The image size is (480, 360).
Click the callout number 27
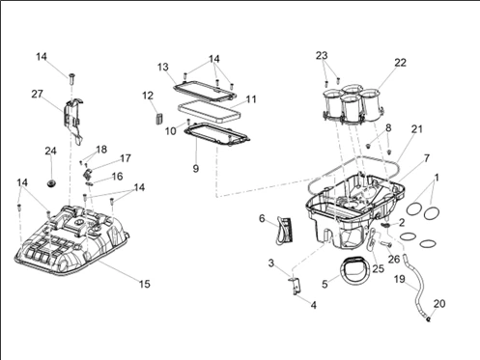coord(37,94)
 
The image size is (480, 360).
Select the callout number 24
coord(50,151)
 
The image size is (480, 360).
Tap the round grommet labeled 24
coord(51,183)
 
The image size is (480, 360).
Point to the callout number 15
coord(145,284)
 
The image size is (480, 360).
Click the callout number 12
coord(148,96)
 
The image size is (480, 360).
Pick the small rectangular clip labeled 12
coord(158,117)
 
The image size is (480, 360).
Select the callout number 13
coord(163,67)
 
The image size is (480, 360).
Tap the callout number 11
coord(251,99)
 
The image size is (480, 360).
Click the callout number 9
coord(196,168)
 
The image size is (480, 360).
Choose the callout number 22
coord(400,63)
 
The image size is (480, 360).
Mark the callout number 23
coord(322,55)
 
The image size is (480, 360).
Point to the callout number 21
coord(417,129)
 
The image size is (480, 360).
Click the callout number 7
coord(427,158)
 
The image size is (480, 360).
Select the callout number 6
coord(262,218)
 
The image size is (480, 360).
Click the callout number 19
coord(400,279)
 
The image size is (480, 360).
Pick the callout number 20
coord(439,303)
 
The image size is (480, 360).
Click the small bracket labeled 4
coord(295,285)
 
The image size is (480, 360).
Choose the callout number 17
coord(126,158)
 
